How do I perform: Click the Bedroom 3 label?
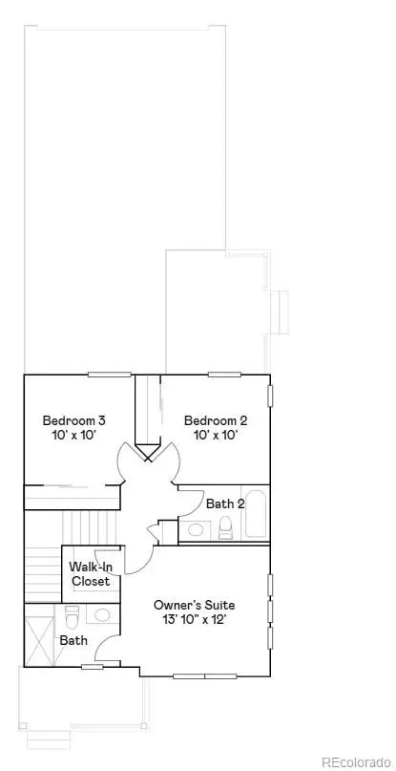click(73, 419)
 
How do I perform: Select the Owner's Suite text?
click(195, 605)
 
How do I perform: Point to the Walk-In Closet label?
click(91, 573)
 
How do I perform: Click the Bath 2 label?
click(225, 503)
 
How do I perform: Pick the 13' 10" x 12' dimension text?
click(195, 619)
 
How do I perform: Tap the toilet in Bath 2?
click(226, 526)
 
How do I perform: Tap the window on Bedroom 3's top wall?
click(109, 374)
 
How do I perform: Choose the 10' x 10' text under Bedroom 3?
click(73, 436)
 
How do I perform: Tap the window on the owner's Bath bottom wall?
click(93, 666)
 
